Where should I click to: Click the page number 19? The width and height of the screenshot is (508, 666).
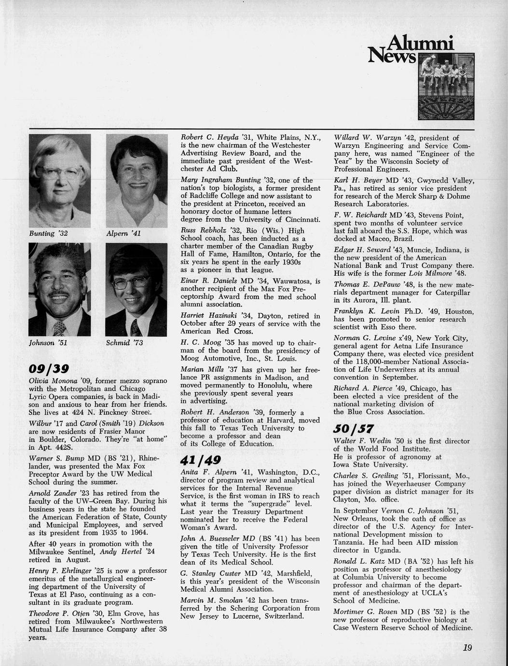(467, 648)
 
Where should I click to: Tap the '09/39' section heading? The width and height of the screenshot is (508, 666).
(49, 369)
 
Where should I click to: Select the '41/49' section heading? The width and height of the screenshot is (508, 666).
(200, 460)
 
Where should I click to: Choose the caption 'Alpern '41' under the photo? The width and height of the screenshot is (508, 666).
(123, 234)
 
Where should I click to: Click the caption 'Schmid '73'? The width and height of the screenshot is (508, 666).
(124, 343)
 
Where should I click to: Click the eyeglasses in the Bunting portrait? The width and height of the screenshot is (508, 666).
(59, 172)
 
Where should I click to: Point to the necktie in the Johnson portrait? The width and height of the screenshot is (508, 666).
(60, 329)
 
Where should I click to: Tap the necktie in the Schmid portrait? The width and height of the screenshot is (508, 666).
(136, 328)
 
